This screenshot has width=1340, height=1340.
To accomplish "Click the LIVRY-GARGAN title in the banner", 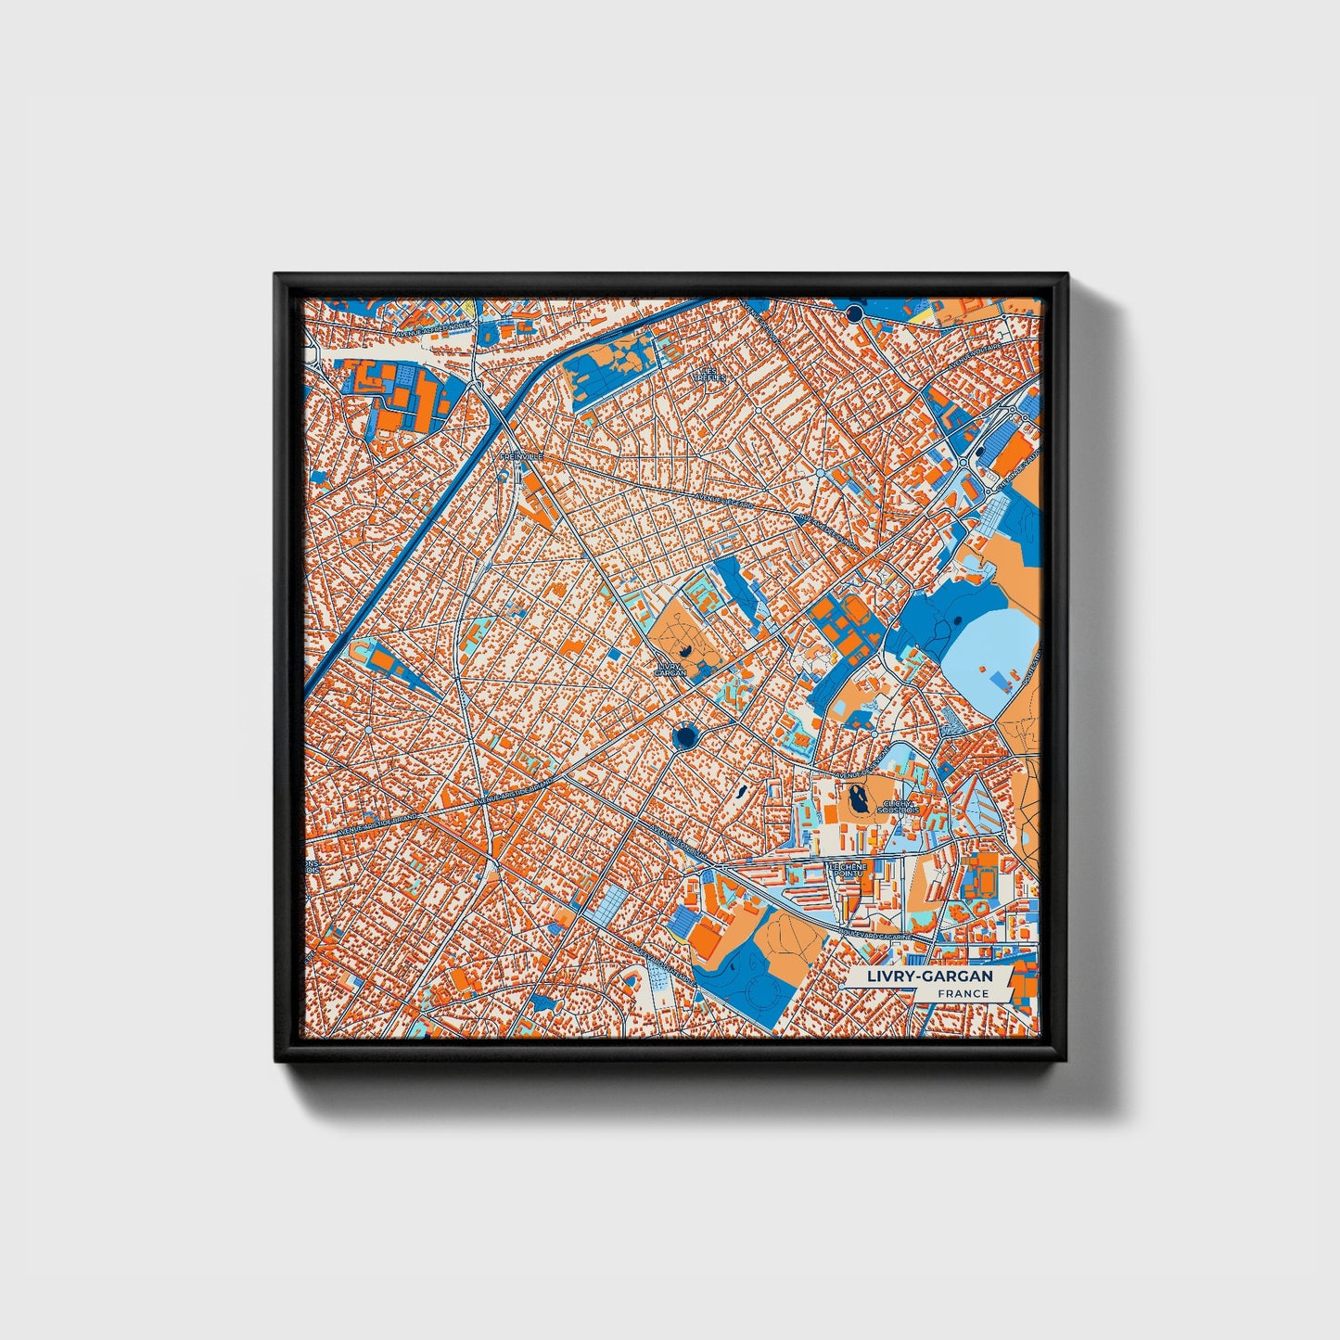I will pyautogui.click(x=929, y=976).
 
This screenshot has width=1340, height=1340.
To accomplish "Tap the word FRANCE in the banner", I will pyautogui.click(x=962, y=994).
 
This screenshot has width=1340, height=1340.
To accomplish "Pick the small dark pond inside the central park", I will pyautogui.click(x=683, y=653).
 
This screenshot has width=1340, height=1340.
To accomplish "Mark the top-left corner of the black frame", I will pyautogui.click(x=276, y=275).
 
